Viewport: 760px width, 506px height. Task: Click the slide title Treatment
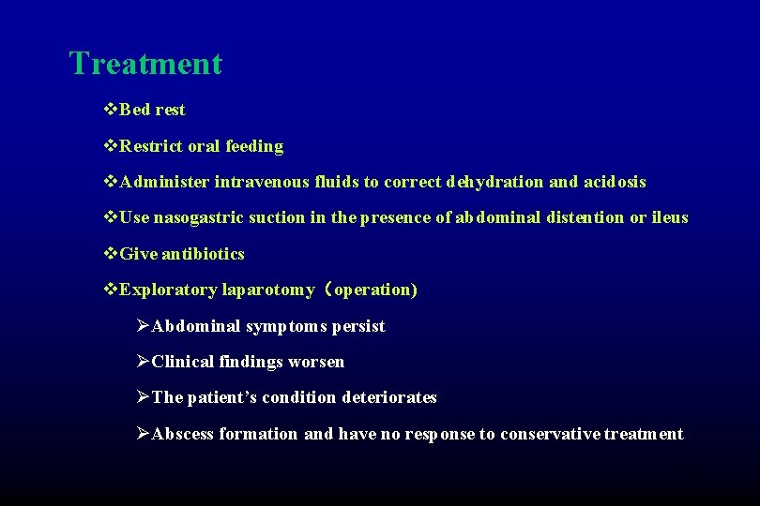145,64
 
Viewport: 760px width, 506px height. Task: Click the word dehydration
494,182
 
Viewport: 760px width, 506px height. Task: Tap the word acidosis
614,182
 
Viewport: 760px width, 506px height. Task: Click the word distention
585,217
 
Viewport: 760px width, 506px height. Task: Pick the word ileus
670,217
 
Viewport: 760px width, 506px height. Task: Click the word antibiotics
203,254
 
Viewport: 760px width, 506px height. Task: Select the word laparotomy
268,290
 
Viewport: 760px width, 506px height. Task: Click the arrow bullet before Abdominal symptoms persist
142,326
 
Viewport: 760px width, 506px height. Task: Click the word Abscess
183,434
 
